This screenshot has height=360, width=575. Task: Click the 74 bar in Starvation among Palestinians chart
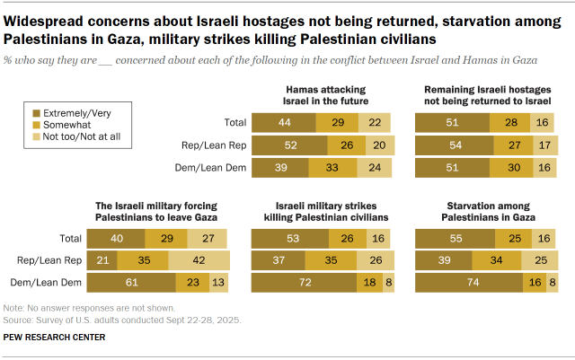(468, 284)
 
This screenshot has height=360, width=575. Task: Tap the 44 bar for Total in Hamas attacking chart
(283, 121)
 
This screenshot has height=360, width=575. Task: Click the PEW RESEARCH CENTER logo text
(54, 338)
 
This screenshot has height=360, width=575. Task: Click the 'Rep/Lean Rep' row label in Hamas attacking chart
(214, 144)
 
